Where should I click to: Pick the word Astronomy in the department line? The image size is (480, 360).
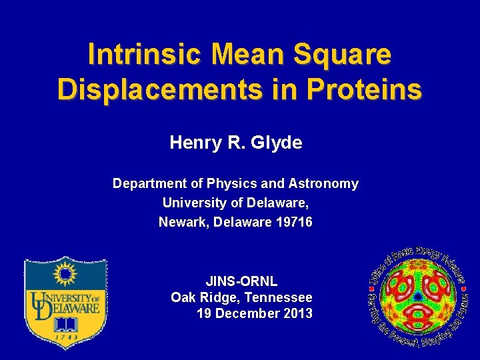(323, 183)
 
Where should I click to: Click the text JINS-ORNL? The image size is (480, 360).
(241, 281)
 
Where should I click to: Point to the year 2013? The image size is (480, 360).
(297, 313)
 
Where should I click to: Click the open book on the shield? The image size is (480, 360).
(65, 324)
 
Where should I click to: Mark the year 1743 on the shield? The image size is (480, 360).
(65, 338)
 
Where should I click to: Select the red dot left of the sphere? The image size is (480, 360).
(371, 287)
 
